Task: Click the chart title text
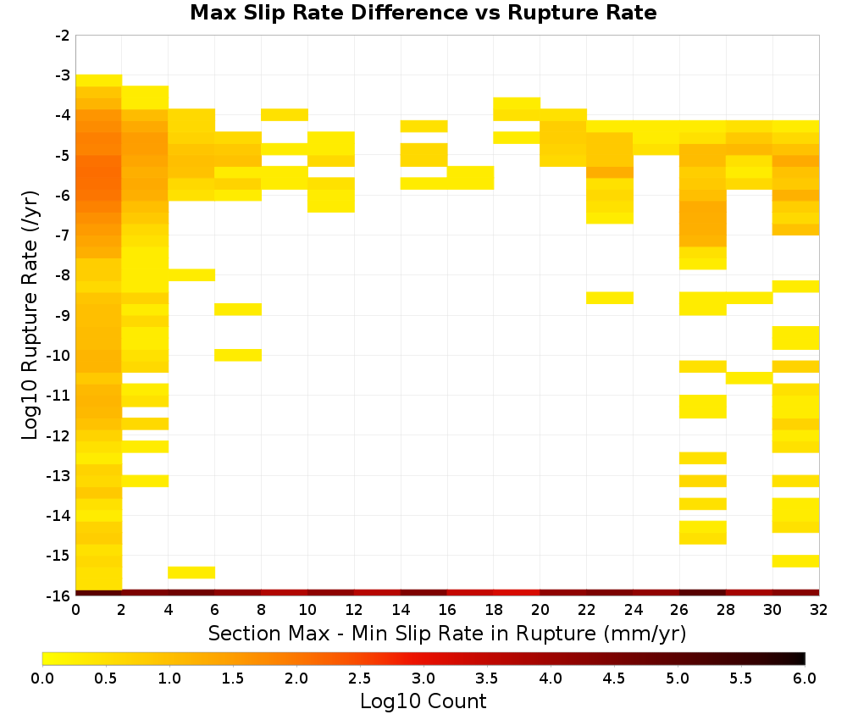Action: click(x=423, y=13)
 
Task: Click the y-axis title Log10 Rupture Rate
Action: click(x=30, y=315)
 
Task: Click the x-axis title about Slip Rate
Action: click(x=447, y=634)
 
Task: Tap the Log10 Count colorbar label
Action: click(x=423, y=701)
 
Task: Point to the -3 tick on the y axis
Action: click(x=63, y=75)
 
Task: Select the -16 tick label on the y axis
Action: click(x=59, y=595)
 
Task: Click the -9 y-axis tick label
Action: click(x=63, y=315)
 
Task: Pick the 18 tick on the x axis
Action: click(x=494, y=610)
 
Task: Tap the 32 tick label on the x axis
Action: click(x=819, y=610)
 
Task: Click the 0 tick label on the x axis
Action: click(x=75, y=610)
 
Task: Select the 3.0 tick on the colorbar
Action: click(x=423, y=678)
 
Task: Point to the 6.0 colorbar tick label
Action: click(x=805, y=678)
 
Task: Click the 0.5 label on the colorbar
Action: click(x=105, y=678)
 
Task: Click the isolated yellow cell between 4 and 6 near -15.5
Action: click(x=191, y=573)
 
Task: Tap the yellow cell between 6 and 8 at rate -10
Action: click(x=238, y=355)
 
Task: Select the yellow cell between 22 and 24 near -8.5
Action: click(x=610, y=297)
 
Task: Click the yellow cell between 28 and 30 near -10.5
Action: click(x=750, y=378)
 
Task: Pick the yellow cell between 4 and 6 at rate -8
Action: click(x=191, y=275)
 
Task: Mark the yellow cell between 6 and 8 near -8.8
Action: click(x=238, y=309)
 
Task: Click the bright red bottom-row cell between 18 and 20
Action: click(x=517, y=593)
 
